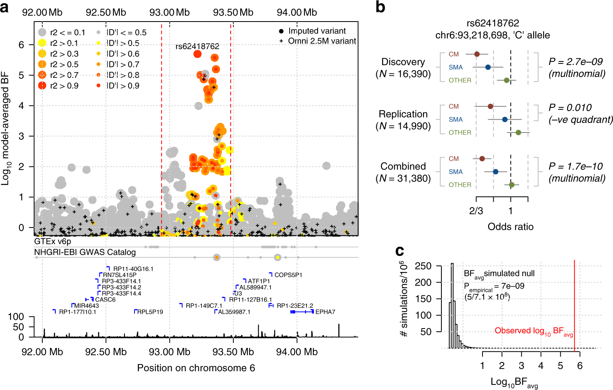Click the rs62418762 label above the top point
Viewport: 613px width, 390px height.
click(x=197, y=46)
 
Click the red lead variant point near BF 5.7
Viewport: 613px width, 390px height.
click(x=197, y=54)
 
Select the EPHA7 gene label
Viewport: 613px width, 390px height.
click(x=325, y=312)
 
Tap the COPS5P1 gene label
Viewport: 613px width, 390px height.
click(x=288, y=275)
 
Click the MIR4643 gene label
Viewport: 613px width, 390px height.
click(x=87, y=306)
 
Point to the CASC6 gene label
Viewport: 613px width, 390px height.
click(x=105, y=299)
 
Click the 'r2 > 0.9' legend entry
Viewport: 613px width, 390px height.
click(x=64, y=86)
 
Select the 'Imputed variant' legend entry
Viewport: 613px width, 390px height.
click(x=317, y=31)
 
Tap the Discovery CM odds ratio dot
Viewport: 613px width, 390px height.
click(x=477, y=54)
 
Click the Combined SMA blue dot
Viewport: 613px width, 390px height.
click(x=496, y=172)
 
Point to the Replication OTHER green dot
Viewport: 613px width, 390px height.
click(x=518, y=133)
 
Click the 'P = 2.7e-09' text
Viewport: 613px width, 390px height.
click(x=575, y=62)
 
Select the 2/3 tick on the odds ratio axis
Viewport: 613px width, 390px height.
click(x=476, y=211)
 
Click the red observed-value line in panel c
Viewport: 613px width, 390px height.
click(x=574, y=303)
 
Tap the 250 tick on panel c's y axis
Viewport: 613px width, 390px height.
click(x=423, y=266)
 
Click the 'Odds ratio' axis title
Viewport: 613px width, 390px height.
click(x=510, y=227)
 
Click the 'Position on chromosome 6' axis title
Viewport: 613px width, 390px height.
click(x=196, y=368)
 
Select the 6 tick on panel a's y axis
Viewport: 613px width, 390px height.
click(x=22, y=45)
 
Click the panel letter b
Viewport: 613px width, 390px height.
click(x=380, y=7)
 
